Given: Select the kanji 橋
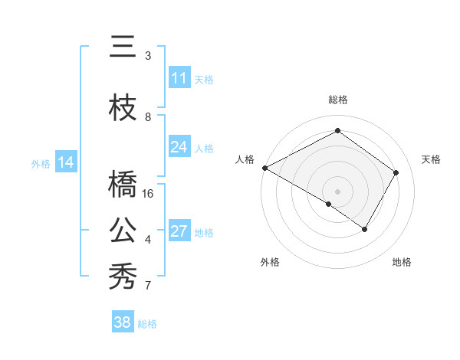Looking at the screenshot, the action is [x=123, y=185].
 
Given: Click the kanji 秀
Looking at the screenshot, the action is [x=123, y=277].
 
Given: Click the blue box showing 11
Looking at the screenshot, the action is [x=179, y=78].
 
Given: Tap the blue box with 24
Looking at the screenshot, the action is [x=179, y=147].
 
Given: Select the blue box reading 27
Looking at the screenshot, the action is [x=179, y=231].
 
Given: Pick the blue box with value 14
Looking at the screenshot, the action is [x=66, y=162].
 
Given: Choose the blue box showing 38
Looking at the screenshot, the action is [x=123, y=323].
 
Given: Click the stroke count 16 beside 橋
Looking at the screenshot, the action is [x=149, y=194].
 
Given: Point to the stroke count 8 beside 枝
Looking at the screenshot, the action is [x=148, y=117].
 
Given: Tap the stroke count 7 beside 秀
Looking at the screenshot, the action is [x=148, y=286].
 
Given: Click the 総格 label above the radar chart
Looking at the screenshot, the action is [x=337, y=100].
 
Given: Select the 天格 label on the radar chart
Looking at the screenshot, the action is [x=431, y=159].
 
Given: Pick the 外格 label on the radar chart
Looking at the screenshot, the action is [x=270, y=262].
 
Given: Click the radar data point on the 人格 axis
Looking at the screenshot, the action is [x=264, y=168].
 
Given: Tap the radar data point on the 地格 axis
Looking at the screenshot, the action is [x=365, y=229].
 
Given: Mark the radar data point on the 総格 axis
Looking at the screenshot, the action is [x=337, y=131].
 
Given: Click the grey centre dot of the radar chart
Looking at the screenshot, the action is [x=337, y=191].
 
